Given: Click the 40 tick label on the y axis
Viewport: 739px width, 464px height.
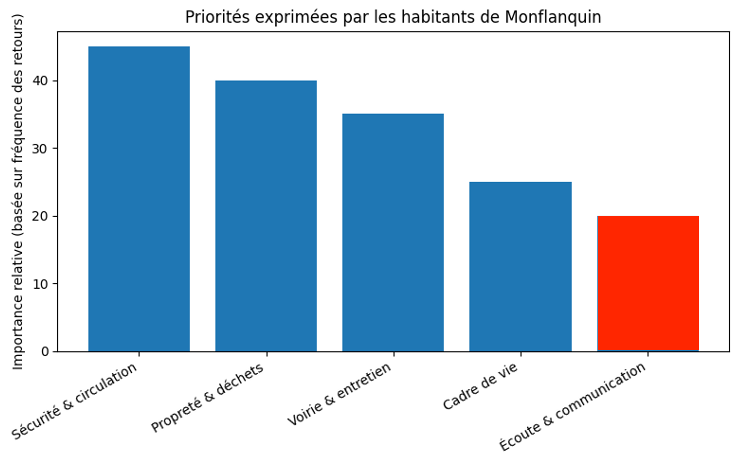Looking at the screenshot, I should [x=40, y=81].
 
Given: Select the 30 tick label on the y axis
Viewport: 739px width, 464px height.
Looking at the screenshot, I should [x=40, y=149].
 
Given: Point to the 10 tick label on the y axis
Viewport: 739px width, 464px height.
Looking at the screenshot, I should [x=40, y=284].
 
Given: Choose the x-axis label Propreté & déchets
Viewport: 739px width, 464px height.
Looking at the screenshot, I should [x=207, y=398].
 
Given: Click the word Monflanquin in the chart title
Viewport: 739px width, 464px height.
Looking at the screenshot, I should [x=553, y=17].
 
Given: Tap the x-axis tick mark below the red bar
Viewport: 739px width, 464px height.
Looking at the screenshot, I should [x=648, y=354].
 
